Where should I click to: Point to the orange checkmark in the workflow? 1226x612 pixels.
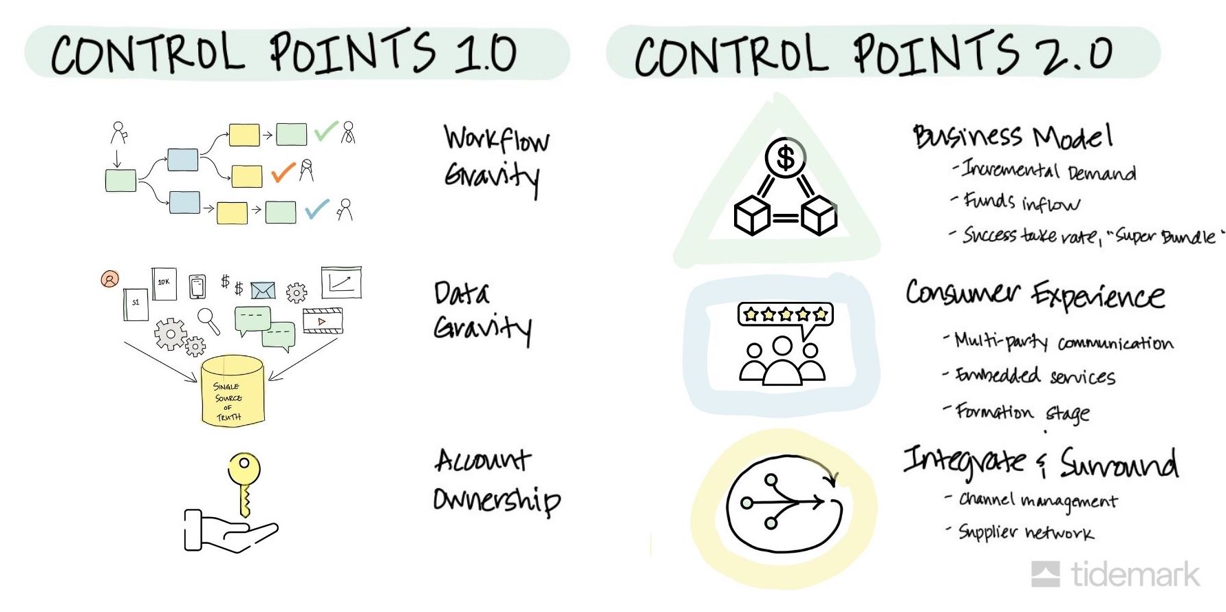pos(283,172)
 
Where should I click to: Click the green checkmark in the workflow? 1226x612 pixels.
pos(325,131)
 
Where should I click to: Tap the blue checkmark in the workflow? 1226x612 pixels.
pos(316,208)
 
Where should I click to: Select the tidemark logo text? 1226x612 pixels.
pos(1135,575)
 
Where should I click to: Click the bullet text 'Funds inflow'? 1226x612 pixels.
pos(1022,202)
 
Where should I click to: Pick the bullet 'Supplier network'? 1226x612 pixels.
pos(1026,533)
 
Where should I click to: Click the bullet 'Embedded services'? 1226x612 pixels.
pos(1035,376)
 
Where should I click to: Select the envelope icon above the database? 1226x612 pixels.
pos(263,291)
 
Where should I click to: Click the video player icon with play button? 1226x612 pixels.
pos(322,321)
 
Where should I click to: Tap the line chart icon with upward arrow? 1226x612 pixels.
pos(341,283)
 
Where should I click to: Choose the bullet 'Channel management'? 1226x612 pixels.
pos(1038,501)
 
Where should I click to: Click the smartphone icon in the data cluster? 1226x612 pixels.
pos(197,286)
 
